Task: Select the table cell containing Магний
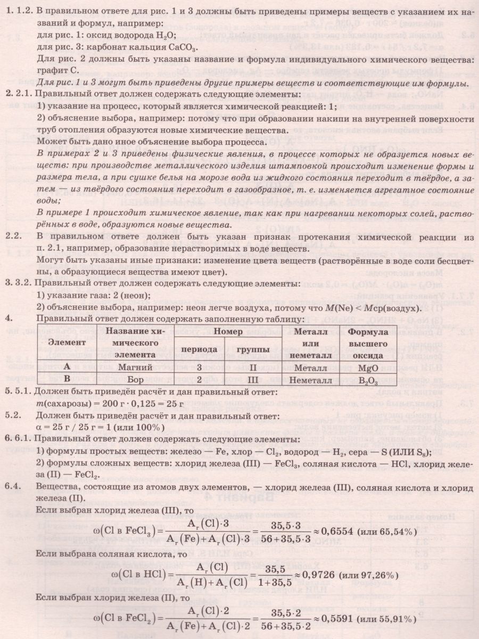122,367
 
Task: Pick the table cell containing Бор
122,380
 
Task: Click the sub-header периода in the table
199,350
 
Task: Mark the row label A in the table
67,367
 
